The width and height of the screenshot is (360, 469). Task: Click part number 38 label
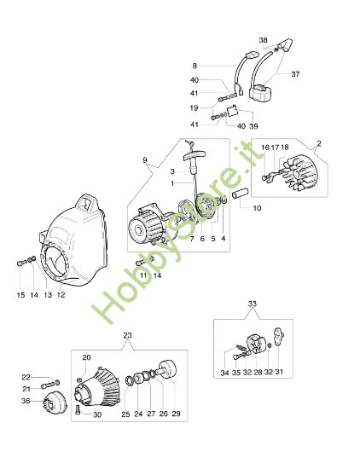click(x=264, y=40)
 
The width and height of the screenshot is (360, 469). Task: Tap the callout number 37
click(x=295, y=74)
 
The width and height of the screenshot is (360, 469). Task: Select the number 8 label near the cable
click(x=195, y=66)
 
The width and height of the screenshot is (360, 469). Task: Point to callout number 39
click(x=253, y=126)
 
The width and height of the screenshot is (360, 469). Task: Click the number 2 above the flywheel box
click(x=319, y=143)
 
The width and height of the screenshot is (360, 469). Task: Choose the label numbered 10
click(x=257, y=208)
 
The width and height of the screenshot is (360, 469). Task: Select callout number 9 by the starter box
click(x=145, y=160)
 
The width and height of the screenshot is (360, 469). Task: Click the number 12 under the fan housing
click(x=61, y=295)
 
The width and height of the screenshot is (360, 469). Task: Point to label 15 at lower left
click(x=20, y=295)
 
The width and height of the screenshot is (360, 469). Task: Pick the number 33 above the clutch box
click(x=253, y=304)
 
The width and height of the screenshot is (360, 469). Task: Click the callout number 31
click(x=279, y=372)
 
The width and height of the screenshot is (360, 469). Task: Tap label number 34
click(x=224, y=373)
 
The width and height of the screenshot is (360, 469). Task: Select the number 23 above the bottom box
click(x=127, y=336)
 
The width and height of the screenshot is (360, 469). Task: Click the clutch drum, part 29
click(x=166, y=371)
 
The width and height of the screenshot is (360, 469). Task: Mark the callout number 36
click(x=26, y=400)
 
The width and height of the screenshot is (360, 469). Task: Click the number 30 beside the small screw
click(x=97, y=415)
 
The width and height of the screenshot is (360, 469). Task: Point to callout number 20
click(x=86, y=357)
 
